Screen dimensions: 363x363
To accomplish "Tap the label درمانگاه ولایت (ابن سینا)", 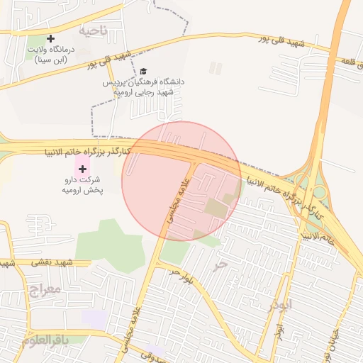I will pyautogui.click(x=50, y=55).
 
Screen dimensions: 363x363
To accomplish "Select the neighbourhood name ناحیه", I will pyautogui.click(x=94, y=30).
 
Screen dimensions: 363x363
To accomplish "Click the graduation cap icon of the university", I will pyautogui.click(x=144, y=72).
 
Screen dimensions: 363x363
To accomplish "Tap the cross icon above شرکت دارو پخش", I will pyautogui.click(x=83, y=169).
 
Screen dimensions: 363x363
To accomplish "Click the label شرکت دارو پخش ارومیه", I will pyautogui.click(x=83, y=184).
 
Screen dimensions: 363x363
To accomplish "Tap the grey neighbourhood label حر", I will pyautogui.click(x=220, y=265).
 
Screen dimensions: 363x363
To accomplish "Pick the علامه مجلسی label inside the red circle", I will pyautogui.click(x=178, y=202).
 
